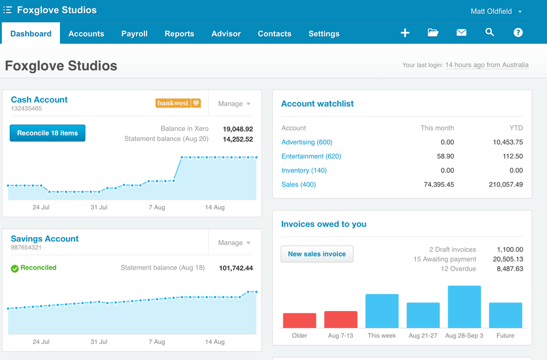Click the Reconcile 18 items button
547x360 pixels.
point(47,133)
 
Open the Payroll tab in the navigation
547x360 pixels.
point(134,34)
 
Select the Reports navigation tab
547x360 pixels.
point(179,34)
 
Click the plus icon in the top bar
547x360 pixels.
point(405,33)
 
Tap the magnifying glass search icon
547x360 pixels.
point(489,33)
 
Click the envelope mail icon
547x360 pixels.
point(461,33)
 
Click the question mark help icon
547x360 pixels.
point(518,33)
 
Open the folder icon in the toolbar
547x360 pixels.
point(433,33)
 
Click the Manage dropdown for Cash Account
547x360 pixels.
point(234,104)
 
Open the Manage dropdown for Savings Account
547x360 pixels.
point(234,243)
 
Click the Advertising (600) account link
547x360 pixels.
point(306,142)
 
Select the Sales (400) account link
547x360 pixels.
point(298,185)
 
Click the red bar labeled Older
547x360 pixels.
point(299,320)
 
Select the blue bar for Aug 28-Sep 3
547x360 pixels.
point(464,306)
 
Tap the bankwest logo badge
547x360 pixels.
point(178,103)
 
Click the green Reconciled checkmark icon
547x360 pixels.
point(15,269)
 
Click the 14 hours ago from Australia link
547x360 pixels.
point(486,65)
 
